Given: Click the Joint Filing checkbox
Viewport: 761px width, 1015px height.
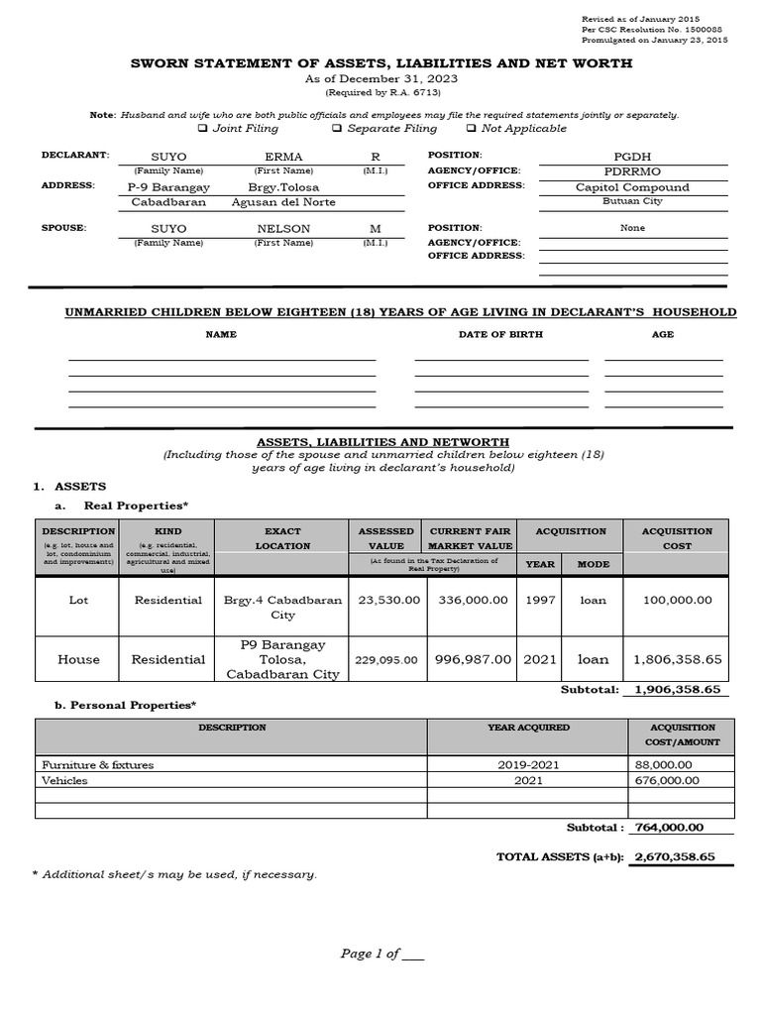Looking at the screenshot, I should pyautogui.click(x=202, y=129).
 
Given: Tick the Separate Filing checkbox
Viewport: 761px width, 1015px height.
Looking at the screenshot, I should pyautogui.click(x=337, y=129).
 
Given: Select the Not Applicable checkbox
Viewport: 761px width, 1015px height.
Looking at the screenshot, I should pyautogui.click(x=471, y=129).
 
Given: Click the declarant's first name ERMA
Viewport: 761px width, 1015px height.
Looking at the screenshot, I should pyautogui.click(x=283, y=157).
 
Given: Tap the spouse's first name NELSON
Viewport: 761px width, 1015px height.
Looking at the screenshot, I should pyautogui.click(x=283, y=228).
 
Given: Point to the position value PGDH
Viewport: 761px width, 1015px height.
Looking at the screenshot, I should pyautogui.click(x=632, y=157).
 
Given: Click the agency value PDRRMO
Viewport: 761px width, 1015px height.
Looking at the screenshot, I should pyautogui.click(x=632, y=171).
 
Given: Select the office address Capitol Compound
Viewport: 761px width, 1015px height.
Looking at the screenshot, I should pyautogui.click(x=632, y=186).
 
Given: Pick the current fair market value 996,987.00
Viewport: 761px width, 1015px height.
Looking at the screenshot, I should pyautogui.click(x=470, y=659).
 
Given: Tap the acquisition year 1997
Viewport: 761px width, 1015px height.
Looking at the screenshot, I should pyautogui.click(x=540, y=600).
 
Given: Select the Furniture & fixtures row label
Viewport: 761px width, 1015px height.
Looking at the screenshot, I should pyautogui.click(x=98, y=765).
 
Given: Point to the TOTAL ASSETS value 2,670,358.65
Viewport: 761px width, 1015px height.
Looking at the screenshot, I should pyautogui.click(x=674, y=857).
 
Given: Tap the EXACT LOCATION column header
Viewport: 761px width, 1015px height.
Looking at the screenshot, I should pyautogui.click(x=282, y=538).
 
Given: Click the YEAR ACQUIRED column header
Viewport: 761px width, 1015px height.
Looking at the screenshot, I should pyautogui.click(x=528, y=728).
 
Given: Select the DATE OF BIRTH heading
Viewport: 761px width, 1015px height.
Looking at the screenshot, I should pyautogui.click(x=500, y=335).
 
